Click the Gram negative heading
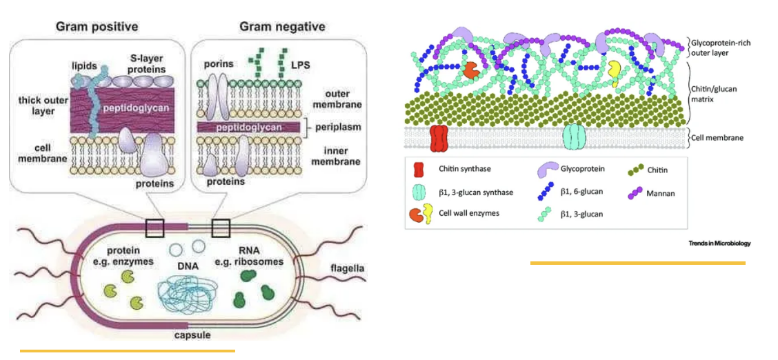[x=282, y=27]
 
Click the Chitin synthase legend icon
[x=420, y=168]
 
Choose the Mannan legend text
[x=661, y=193]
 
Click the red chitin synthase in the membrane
[x=439, y=138]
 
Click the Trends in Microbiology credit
[x=719, y=243]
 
